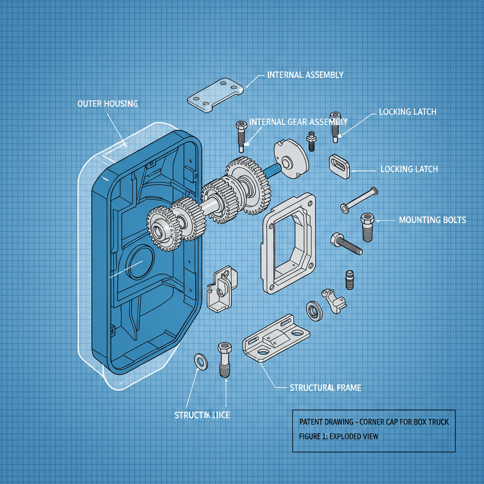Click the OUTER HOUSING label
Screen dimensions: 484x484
point(107,104)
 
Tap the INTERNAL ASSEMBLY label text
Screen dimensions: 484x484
point(305,75)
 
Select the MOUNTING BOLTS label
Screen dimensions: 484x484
point(432,220)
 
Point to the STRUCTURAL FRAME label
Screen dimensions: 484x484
point(325,388)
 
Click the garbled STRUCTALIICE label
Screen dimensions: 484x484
point(202,415)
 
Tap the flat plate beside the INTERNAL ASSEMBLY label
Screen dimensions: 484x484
point(215,95)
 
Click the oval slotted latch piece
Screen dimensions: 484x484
point(338,166)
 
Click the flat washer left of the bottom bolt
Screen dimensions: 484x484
point(200,362)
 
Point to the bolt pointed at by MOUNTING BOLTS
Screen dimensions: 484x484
point(368,226)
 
